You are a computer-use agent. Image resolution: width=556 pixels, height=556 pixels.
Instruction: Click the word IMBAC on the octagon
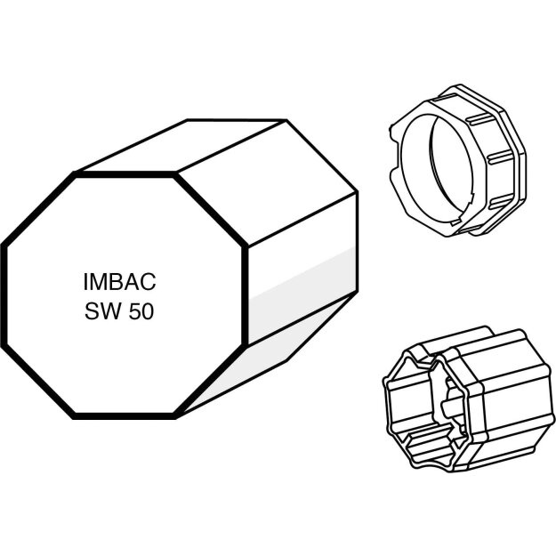(x=120, y=282)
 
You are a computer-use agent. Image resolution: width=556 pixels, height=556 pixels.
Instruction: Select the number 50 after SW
(x=141, y=311)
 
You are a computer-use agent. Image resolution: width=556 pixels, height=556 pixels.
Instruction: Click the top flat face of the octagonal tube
(x=181, y=145)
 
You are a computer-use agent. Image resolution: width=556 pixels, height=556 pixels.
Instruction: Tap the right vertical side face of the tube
(x=302, y=270)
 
